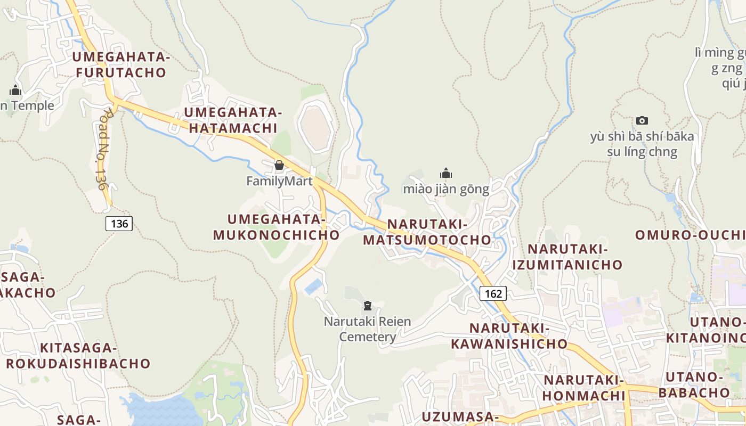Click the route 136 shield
[119, 224]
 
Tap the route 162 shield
[493, 293]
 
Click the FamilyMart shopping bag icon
[279, 165]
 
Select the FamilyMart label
[279, 182]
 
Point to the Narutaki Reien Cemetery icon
[367, 306]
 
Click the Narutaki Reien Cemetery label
[368, 329]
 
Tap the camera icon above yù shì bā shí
[642, 121]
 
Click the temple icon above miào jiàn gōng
[446, 173]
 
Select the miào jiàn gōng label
[446, 189]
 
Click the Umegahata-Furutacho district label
[121, 65]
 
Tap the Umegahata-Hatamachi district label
[232, 120]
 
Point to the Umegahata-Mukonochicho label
[276, 227]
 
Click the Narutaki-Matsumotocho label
[427, 232]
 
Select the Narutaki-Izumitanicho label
[567, 257]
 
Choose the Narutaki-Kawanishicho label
[509, 335]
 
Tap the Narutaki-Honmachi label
[583, 388]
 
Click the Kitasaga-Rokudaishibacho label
[78, 356]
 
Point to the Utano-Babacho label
[694, 384]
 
